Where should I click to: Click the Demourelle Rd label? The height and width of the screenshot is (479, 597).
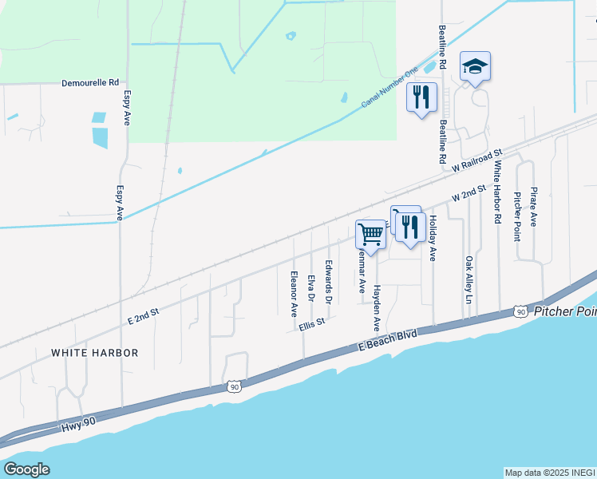(x=91, y=82)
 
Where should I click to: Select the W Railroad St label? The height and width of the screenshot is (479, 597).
(x=476, y=160)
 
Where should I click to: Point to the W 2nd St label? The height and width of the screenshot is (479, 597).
(x=469, y=193)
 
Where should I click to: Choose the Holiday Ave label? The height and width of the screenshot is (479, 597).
(x=433, y=238)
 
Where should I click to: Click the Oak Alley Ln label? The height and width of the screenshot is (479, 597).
(x=469, y=279)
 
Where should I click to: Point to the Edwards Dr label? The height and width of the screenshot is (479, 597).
(x=328, y=280)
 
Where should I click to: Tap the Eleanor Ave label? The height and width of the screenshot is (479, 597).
(x=294, y=291)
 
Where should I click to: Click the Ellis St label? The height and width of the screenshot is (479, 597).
(x=313, y=325)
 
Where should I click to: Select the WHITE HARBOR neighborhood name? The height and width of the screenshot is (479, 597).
(x=95, y=352)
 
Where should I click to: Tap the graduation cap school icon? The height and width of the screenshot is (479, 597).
(x=475, y=67)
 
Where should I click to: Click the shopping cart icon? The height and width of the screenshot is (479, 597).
(x=370, y=234)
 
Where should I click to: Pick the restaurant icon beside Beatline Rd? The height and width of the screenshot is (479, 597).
(x=421, y=97)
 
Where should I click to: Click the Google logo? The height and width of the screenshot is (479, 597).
(x=26, y=469)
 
